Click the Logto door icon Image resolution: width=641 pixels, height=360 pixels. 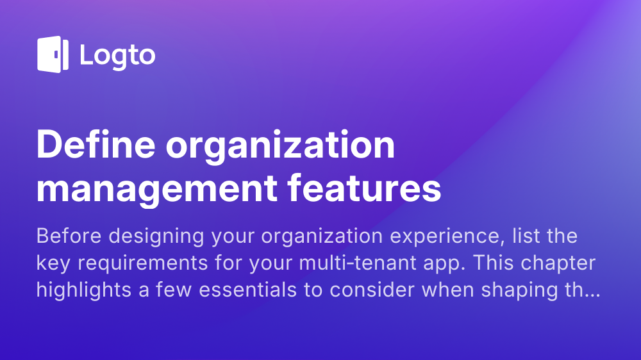pyautogui.click(x=53, y=54)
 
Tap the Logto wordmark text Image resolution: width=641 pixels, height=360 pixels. pyautogui.click(x=117, y=56)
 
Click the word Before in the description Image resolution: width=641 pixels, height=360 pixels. pyautogui.click(x=69, y=236)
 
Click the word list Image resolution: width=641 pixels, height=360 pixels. pyautogui.click(x=515, y=236)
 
